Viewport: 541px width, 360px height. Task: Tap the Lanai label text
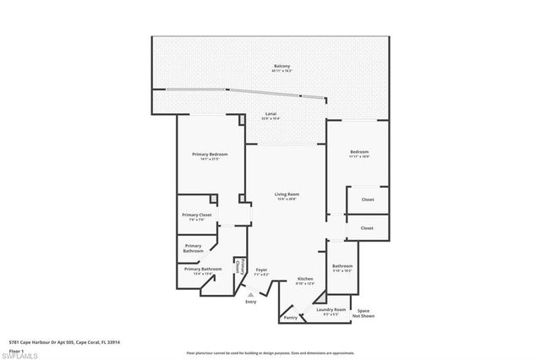tap(271, 115)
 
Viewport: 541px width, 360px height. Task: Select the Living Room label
tap(287, 195)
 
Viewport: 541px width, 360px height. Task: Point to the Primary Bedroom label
tap(210, 155)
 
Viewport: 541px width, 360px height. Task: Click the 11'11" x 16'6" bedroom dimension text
tap(360, 157)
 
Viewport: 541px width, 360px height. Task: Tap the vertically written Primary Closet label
tap(239, 269)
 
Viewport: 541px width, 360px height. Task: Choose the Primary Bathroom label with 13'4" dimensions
tap(203, 270)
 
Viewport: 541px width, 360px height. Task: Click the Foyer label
tap(261, 271)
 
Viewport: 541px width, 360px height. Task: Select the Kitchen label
tap(305, 280)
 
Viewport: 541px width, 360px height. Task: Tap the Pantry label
tap(291, 318)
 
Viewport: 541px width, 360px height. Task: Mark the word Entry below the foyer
tap(250, 302)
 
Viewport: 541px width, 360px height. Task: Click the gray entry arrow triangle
tap(250, 294)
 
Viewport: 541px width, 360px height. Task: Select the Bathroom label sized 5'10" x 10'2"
tap(342, 267)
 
